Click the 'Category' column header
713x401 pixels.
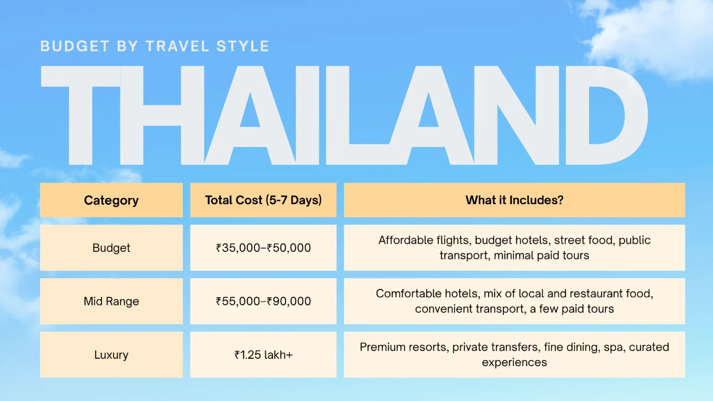111,200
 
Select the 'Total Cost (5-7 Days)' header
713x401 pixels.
263,200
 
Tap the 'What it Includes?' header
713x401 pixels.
514,200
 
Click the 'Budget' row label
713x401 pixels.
111,248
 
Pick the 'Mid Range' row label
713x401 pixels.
111,301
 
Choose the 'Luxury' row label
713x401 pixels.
111,355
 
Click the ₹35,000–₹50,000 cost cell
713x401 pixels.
263,248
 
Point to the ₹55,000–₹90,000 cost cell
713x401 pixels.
263,301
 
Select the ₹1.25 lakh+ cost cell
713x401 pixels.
263,355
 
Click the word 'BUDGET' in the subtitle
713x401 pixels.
75,46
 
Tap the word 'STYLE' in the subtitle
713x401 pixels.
243,46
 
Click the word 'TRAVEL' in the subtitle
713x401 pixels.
177,46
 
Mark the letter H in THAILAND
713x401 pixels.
162,115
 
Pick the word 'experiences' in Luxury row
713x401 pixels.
514,363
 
